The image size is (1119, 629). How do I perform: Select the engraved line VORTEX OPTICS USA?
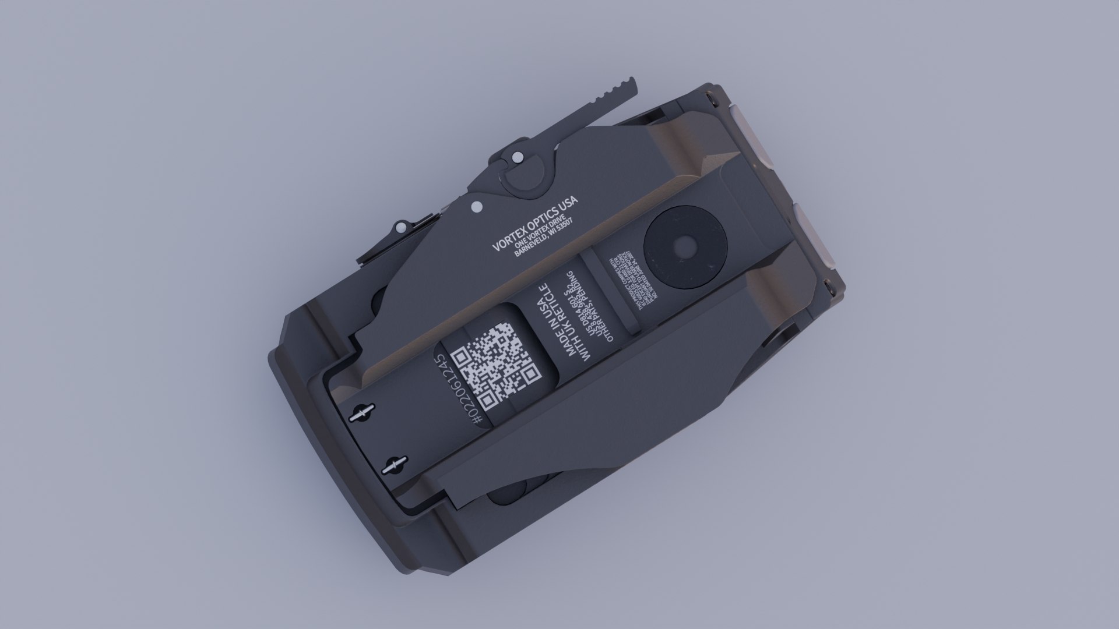[x=535, y=223]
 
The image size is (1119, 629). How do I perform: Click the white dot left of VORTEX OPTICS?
[x=476, y=206]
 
